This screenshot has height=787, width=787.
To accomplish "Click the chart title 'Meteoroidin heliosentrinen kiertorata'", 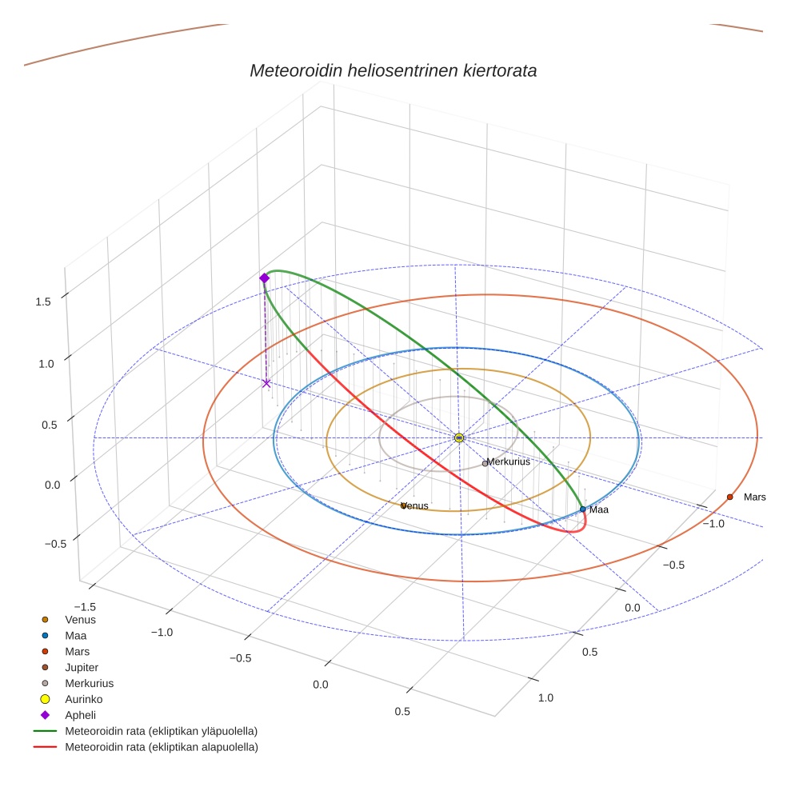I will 393,70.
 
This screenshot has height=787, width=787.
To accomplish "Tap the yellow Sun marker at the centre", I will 459,437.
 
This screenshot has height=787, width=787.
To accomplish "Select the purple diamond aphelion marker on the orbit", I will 264,278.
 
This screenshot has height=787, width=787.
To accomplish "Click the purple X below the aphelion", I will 266,384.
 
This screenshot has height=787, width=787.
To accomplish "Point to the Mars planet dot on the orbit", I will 729,497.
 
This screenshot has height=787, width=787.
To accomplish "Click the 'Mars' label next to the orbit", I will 754,497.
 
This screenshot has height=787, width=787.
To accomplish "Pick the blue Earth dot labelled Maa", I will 582,509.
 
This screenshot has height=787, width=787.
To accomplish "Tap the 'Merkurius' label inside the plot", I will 508,461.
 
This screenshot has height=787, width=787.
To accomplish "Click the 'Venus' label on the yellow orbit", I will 416,505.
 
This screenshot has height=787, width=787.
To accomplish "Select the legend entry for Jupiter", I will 82,667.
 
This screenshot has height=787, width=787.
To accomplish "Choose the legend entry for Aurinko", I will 83,699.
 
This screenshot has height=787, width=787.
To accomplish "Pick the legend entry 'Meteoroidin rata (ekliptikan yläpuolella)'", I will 161,731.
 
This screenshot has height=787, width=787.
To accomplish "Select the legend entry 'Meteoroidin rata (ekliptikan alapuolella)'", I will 161,747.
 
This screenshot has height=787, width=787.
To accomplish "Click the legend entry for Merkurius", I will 89,683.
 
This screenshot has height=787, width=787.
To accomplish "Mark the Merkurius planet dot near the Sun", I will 485,463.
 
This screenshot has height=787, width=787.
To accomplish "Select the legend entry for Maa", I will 76,635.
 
